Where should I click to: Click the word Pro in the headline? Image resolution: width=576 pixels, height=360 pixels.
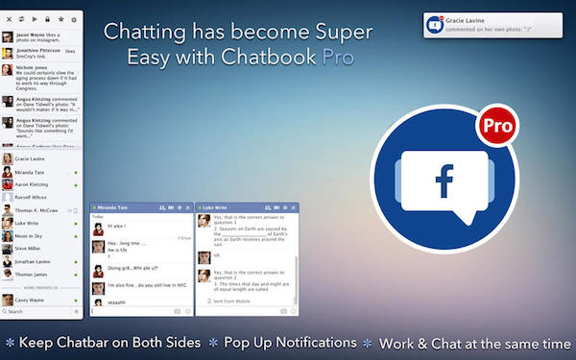coord(337,56)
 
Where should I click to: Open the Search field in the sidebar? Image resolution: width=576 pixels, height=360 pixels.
coord(38,312)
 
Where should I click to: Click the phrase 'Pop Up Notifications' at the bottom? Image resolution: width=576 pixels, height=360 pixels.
coord(289,343)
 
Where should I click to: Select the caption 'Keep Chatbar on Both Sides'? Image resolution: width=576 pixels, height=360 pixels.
coord(109,343)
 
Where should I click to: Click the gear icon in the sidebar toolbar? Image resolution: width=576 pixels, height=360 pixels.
coord(74,19)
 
